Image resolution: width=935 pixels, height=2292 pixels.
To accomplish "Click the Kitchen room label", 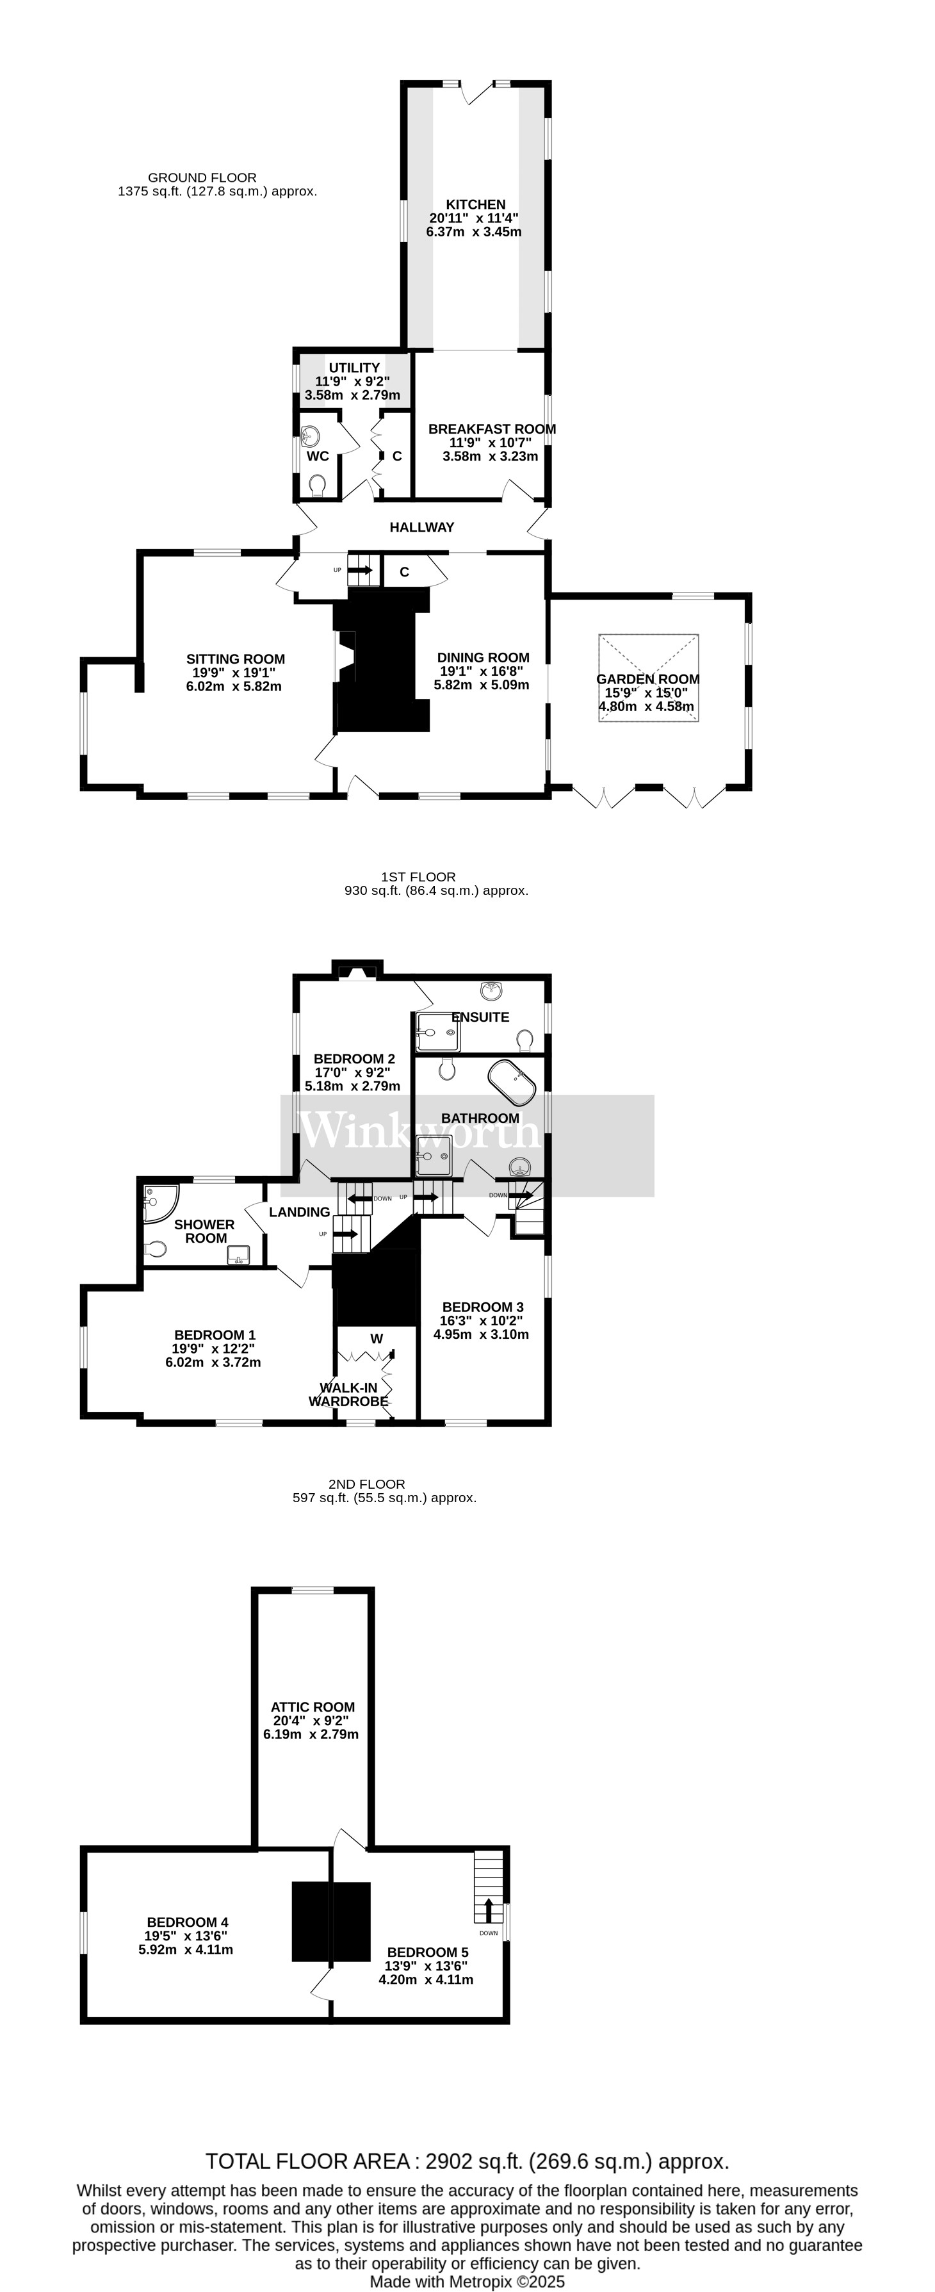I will (475, 204).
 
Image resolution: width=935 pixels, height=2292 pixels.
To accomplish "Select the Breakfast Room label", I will (491, 429).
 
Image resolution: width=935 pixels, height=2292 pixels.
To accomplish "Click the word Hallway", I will (421, 527).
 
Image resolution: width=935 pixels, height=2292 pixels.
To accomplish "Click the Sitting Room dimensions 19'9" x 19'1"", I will (235, 673).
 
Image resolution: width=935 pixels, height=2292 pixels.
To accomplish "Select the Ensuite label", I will (480, 1017).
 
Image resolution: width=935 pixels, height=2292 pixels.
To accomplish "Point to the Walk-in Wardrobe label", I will (350, 1395).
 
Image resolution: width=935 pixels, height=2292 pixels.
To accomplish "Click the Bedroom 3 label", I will (482, 1307).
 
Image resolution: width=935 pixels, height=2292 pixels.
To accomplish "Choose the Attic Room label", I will (313, 1707).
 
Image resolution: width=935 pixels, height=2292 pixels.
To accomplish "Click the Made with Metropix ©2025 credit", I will (467, 2281).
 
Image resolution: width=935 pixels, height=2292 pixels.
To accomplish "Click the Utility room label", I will (354, 368).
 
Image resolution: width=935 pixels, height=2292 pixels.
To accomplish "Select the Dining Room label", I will (483, 657).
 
